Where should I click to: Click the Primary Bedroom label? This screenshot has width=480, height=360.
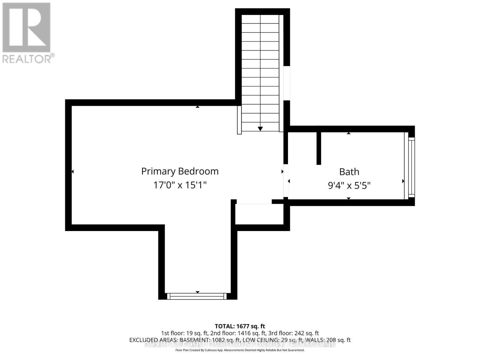180,171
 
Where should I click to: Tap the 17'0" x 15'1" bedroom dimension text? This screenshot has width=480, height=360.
180,185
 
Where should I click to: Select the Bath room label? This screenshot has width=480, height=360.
349,172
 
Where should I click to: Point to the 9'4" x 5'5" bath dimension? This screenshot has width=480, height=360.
349,186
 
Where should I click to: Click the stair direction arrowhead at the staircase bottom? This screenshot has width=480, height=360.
260,129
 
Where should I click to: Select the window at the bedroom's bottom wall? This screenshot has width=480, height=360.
197,296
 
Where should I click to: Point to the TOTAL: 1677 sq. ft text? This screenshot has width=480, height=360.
240,326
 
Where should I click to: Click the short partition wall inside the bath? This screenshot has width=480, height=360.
319,148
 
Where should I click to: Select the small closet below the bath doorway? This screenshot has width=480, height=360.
259,214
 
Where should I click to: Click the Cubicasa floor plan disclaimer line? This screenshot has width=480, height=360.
240,350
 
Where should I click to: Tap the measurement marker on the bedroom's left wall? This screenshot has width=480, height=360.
73,172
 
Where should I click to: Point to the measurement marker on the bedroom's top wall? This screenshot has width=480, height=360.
197,107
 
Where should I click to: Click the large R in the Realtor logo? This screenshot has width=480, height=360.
26,27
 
